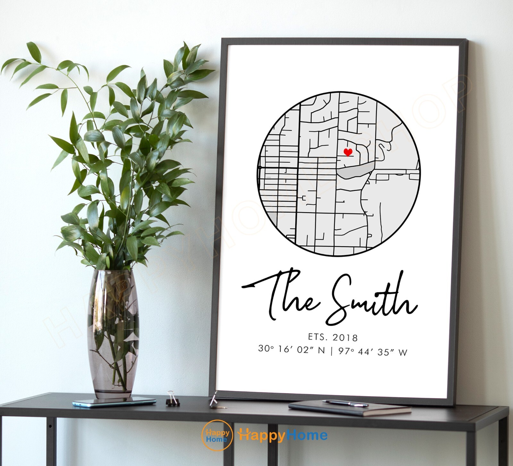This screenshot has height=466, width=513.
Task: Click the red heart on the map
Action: [348, 152]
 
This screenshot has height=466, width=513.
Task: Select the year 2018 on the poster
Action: [345, 337]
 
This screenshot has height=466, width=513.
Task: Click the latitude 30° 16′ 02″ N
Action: [291, 350]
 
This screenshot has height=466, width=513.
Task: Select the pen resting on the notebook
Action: [345, 403]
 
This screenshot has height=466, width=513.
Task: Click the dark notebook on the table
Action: [349, 408]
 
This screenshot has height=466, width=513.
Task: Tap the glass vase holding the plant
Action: [114, 333]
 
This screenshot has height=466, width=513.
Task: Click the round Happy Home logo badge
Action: [217, 435]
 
